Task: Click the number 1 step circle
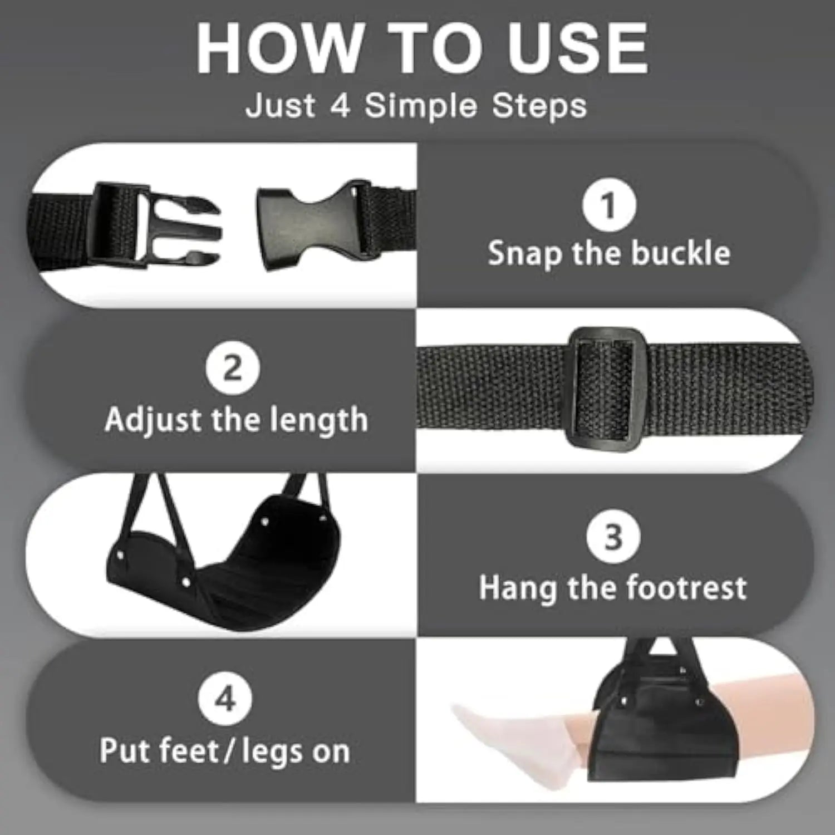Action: (x=609, y=205)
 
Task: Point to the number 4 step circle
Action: (x=225, y=699)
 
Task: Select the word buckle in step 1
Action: (x=681, y=253)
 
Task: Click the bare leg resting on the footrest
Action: (x=768, y=713)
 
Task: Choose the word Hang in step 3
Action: (x=518, y=588)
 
